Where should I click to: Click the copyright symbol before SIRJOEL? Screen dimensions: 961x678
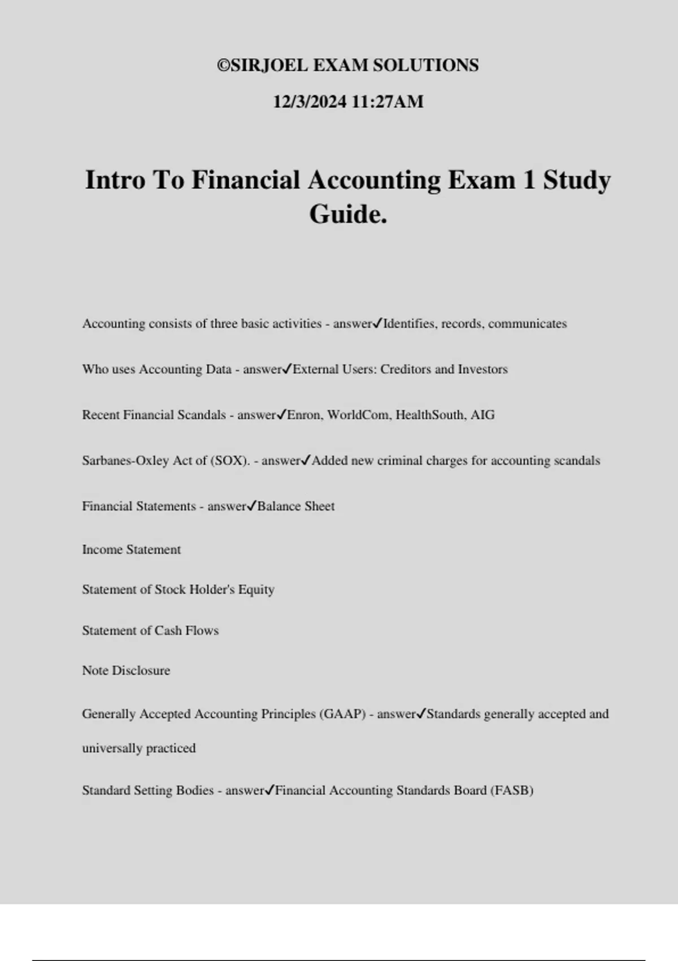click(224, 66)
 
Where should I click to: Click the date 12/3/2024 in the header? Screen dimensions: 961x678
click(310, 102)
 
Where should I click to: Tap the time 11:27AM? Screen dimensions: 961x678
click(388, 102)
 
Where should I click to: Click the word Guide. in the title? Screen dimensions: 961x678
click(348, 214)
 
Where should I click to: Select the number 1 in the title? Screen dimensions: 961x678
click(529, 180)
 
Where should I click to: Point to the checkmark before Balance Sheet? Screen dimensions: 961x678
click(252, 506)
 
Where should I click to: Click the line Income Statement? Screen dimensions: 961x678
click(131, 549)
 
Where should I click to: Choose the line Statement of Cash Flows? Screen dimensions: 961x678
click(150, 630)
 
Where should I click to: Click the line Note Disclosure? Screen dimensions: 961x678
click(126, 670)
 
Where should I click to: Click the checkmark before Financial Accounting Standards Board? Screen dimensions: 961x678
click(270, 790)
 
